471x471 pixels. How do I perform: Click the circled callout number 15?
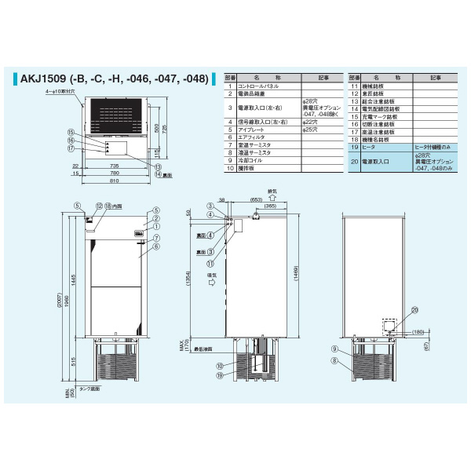click(x=70, y=132)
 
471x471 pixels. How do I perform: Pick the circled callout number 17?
click(x=70, y=148)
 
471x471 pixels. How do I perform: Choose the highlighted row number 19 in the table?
click(x=355, y=147)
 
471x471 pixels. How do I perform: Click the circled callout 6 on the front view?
click(x=155, y=246)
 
